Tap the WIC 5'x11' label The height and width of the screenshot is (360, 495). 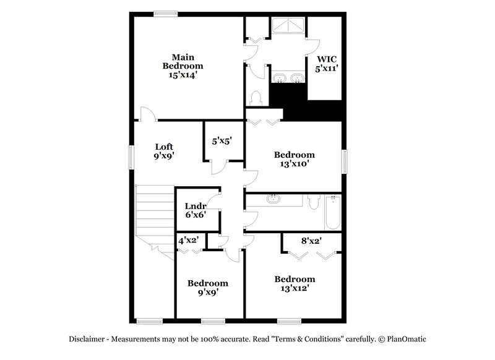(x=327, y=64)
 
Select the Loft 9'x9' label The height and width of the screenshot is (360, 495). (x=164, y=152)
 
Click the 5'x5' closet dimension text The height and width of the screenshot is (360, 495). (x=222, y=141)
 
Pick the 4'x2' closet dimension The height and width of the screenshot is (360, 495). (x=187, y=240)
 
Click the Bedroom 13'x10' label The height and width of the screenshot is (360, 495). (x=295, y=160)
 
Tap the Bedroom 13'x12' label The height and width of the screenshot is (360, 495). (x=295, y=283)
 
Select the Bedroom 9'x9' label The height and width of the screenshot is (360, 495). (x=208, y=288)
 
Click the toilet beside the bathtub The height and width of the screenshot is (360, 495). (x=313, y=202)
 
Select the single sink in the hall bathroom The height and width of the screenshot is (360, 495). (x=273, y=199)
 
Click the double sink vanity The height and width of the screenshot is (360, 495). (x=289, y=79)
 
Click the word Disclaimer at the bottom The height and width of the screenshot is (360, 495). (x=88, y=339)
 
